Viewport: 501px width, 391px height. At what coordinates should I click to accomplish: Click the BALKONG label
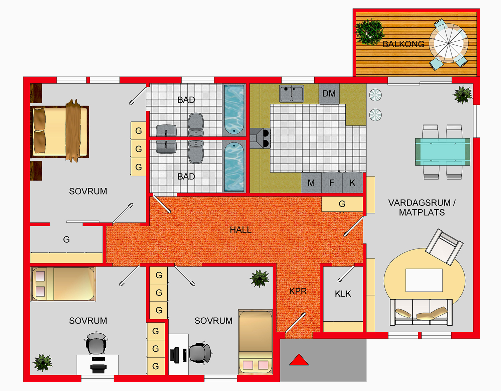click(403, 44)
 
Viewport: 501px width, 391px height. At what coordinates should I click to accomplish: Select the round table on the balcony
click(448, 43)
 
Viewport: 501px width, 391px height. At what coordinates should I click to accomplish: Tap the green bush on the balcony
click(369, 32)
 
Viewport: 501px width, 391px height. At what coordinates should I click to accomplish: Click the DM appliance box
click(329, 94)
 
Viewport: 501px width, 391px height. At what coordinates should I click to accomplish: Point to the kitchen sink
click(292, 93)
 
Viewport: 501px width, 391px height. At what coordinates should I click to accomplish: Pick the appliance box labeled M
click(311, 183)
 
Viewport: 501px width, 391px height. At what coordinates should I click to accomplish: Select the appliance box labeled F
click(332, 183)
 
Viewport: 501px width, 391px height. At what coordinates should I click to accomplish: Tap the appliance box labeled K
click(352, 183)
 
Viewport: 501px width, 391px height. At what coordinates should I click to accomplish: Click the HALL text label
click(240, 230)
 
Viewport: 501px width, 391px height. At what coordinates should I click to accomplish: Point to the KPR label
click(298, 291)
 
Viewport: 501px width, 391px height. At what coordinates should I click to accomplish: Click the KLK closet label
click(343, 294)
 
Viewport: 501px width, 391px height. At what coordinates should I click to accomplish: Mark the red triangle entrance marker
click(299, 360)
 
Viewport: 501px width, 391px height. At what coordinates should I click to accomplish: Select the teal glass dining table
click(443, 152)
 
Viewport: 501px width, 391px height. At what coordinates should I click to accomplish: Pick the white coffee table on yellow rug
click(424, 280)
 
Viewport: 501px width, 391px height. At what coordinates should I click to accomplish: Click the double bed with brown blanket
click(60, 131)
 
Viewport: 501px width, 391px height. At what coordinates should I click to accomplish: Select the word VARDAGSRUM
click(419, 203)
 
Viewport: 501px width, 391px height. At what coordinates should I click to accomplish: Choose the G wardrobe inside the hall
click(342, 204)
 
